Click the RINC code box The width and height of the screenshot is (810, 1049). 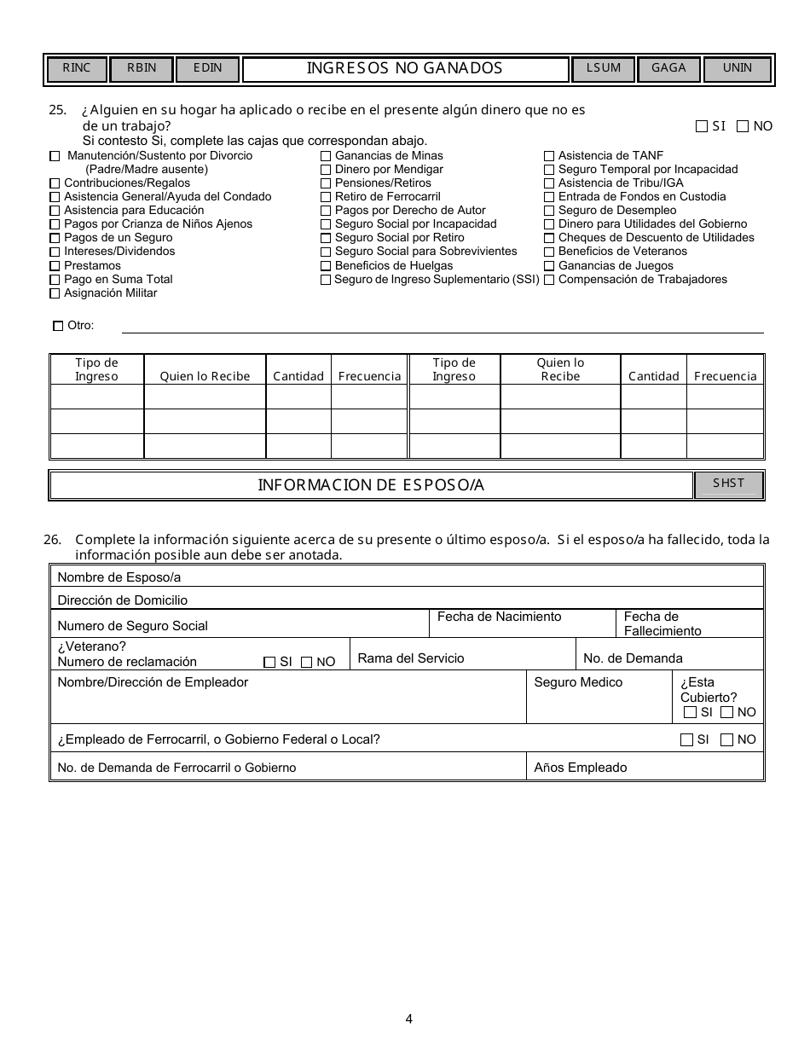(x=76, y=69)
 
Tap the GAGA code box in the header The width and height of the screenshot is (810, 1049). (x=668, y=69)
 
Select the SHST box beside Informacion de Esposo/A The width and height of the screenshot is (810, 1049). (x=728, y=484)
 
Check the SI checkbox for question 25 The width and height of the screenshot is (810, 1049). (x=702, y=127)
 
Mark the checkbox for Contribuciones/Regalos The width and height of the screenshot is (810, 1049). (x=55, y=183)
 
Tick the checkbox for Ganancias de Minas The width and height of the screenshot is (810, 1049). (x=326, y=156)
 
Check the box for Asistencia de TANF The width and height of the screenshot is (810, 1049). (x=549, y=156)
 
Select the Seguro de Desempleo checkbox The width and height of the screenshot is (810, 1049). (x=549, y=211)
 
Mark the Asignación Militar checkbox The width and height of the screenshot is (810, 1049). (x=55, y=293)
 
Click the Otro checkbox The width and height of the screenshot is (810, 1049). (x=58, y=326)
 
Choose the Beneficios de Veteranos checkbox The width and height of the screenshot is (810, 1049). (x=549, y=252)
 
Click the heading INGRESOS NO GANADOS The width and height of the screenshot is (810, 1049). (x=405, y=69)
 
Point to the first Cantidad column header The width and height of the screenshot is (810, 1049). (x=298, y=376)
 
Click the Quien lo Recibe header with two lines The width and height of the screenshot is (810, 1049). (x=560, y=369)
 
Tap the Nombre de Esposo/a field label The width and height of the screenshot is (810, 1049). (x=119, y=577)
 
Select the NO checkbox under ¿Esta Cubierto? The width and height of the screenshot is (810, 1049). (x=726, y=712)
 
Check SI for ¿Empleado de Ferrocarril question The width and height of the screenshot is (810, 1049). (x=686, y=740)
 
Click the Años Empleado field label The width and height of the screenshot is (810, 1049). (x=580, y=768)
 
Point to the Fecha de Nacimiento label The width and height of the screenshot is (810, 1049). (x=499, y=617)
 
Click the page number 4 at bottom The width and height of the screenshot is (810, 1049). (x=409, y=1018)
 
